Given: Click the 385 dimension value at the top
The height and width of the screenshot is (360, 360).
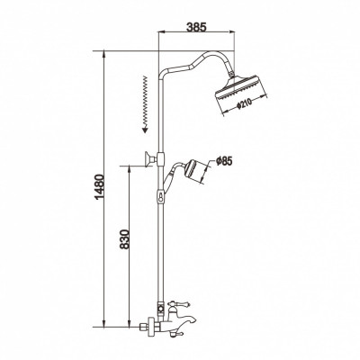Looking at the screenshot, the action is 196,27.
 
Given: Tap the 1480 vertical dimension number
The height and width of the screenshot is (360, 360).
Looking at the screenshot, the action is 99,187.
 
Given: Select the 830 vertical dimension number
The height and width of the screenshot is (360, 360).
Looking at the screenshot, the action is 124,239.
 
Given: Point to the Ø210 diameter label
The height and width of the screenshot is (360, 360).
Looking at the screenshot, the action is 244,103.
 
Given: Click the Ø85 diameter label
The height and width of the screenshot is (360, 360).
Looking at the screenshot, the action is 224,161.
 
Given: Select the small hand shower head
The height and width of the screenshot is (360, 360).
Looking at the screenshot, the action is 193,170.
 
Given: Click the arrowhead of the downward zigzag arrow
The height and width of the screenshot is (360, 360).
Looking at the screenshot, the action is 145,130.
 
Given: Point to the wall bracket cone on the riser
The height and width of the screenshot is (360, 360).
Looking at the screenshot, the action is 149,159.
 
